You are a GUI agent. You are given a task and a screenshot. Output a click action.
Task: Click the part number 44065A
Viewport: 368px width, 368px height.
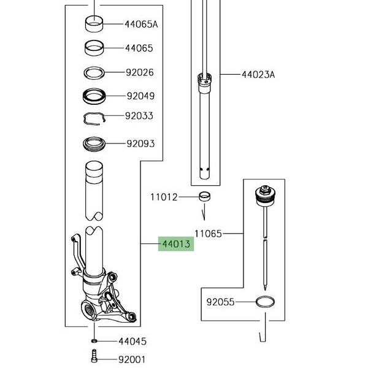(141, 25)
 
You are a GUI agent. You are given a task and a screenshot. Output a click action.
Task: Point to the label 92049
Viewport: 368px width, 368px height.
(140, 96)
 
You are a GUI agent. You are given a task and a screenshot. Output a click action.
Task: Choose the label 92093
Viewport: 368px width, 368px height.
(140, 144)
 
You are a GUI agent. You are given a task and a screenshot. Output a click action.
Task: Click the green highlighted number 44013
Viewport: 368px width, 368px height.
(175, 245)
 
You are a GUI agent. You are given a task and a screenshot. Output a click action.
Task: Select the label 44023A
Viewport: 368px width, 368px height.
(257, 75)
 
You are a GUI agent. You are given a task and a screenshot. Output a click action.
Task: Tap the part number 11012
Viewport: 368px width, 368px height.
(164, 197)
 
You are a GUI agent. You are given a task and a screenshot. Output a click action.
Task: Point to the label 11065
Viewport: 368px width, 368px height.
(209, 234)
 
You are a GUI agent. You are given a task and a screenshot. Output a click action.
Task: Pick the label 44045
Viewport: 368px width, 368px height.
(132, 341)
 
